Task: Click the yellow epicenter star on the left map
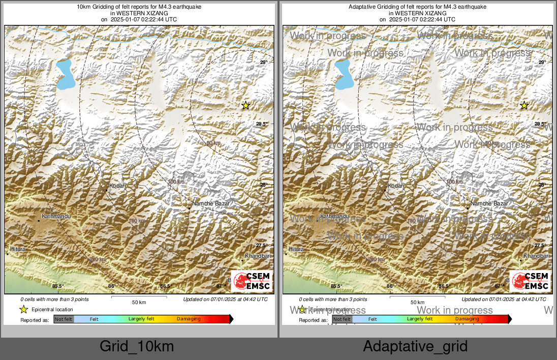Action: [245, 105]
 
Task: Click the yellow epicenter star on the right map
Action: [524, 105]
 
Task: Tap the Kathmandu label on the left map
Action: [56, 217]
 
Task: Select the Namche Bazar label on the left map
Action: [211, 203]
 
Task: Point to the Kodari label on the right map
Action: [396, 186]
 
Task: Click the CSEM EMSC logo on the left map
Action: [252, 281]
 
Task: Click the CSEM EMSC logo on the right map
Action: [531, 281]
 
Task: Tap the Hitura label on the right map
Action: [296, 249]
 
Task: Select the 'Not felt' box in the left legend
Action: [64, 319]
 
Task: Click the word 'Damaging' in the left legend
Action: [189, 319]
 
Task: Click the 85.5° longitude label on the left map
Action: [57, 286]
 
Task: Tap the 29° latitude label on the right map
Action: [542, 63]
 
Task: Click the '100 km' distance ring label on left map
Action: [176, 182]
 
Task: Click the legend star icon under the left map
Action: [23, 309]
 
